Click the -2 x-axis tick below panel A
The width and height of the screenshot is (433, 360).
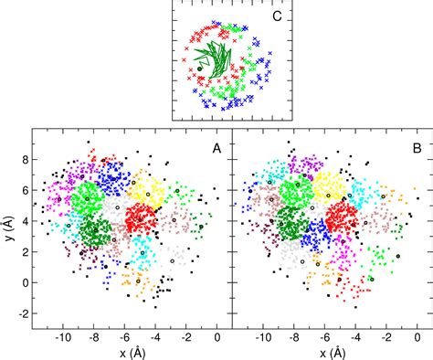click(x=186, y=336)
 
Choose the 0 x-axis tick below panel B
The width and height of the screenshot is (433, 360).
click(x=420, y=336)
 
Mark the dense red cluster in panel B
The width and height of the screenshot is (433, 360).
click(x=340, y=219)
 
